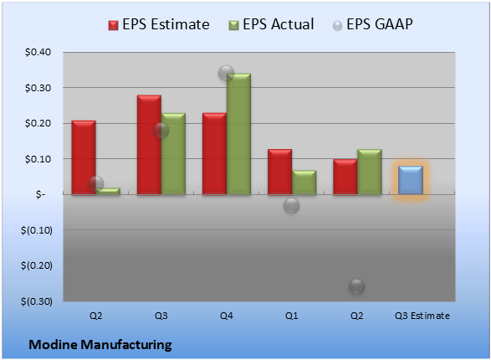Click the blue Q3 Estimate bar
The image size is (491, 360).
tap(411, 180)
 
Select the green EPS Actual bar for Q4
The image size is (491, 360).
tap(238, 134)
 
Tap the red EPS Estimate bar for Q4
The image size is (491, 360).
tap(214, 153)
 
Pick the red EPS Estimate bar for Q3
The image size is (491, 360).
tap(149, 145)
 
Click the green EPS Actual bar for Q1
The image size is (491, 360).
tap(304, 183)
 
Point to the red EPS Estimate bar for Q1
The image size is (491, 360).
tap(279, 172)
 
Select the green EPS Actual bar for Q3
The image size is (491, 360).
tap(173, 153)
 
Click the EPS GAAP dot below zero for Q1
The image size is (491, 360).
tap(292, 205)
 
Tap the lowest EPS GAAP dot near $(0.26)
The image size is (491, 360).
tap(356, 286)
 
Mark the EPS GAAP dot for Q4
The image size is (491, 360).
tap(226, 74)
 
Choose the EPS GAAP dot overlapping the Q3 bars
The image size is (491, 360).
tap(161, 131)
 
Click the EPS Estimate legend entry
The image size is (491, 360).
tap(159, 24)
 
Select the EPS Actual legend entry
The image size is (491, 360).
tap(271, 24)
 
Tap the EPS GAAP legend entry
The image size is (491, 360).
tap(372, 24)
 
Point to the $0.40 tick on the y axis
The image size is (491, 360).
tap(38, 52)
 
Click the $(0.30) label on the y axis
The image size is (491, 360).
tap(37, 301)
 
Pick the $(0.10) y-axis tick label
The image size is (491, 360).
tap(37, 230)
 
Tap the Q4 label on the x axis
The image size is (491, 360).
tap(227, 316)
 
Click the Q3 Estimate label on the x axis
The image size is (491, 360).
tap(422, 316)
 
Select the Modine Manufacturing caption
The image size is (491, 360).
tap(100, 345)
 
